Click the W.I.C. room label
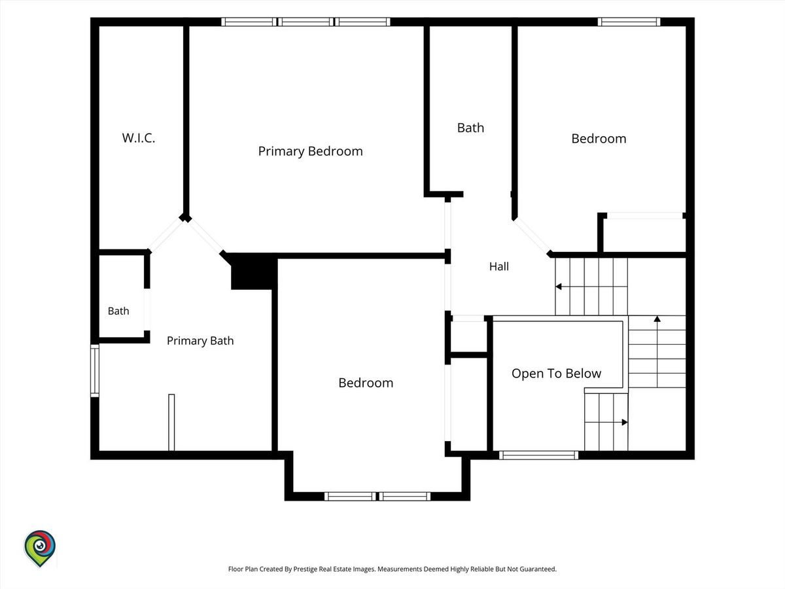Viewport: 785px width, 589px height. (x=139, y=138)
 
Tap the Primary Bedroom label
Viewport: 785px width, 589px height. (x=311, y=151)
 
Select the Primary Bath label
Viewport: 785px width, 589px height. (x=200, y=340)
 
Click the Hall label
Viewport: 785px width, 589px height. (x=499, y=266)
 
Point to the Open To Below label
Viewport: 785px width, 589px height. (x=557, y=373)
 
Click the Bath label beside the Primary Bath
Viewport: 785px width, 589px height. (x=118, y=311)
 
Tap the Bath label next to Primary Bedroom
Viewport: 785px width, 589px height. (x=470, y=128)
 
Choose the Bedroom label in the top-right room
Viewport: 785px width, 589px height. (x=599, y=139)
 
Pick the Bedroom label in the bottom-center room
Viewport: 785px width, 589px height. (x=366, y=383)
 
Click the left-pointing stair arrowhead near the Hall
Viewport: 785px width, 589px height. (x=558, y=287)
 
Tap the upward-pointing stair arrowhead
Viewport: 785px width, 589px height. (x=657, y=319)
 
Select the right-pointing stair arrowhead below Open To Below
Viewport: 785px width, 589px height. (x=625, y=422)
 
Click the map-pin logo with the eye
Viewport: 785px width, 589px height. (x=40, y=548)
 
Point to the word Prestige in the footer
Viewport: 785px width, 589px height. (x=304, y=569)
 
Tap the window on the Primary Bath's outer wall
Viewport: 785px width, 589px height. (x=94, y=370)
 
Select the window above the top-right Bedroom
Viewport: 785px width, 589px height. (x=629, y=22)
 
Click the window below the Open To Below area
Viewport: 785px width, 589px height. (x=538, y=455)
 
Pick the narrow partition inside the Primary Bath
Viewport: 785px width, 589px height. (x=171, y=422)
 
